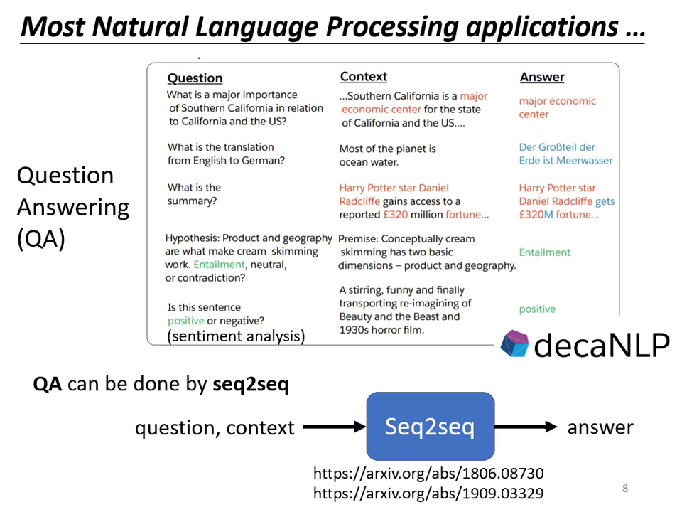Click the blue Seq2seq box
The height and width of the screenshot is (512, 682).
[430, 426]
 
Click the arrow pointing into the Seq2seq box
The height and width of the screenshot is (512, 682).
[333, 427]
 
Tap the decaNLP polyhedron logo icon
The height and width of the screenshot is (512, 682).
[514, 344]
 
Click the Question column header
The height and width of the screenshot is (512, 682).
[195, 78]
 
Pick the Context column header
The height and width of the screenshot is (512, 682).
[363, 77]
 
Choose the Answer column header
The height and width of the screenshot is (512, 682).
[542, 77]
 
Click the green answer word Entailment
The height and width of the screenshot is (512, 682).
[544, 252]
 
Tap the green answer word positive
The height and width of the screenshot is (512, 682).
[537, 309]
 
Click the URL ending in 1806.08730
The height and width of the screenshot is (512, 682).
[428, 473]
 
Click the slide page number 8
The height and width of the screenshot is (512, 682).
[624, 489]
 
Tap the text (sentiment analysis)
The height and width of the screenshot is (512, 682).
[236, 336]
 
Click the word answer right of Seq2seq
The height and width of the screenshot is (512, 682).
[600, 427]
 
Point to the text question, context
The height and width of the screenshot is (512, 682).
[215, 428]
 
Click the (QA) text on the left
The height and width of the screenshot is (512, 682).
[40, 240]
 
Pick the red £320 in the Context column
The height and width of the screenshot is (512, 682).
[394, 215]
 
